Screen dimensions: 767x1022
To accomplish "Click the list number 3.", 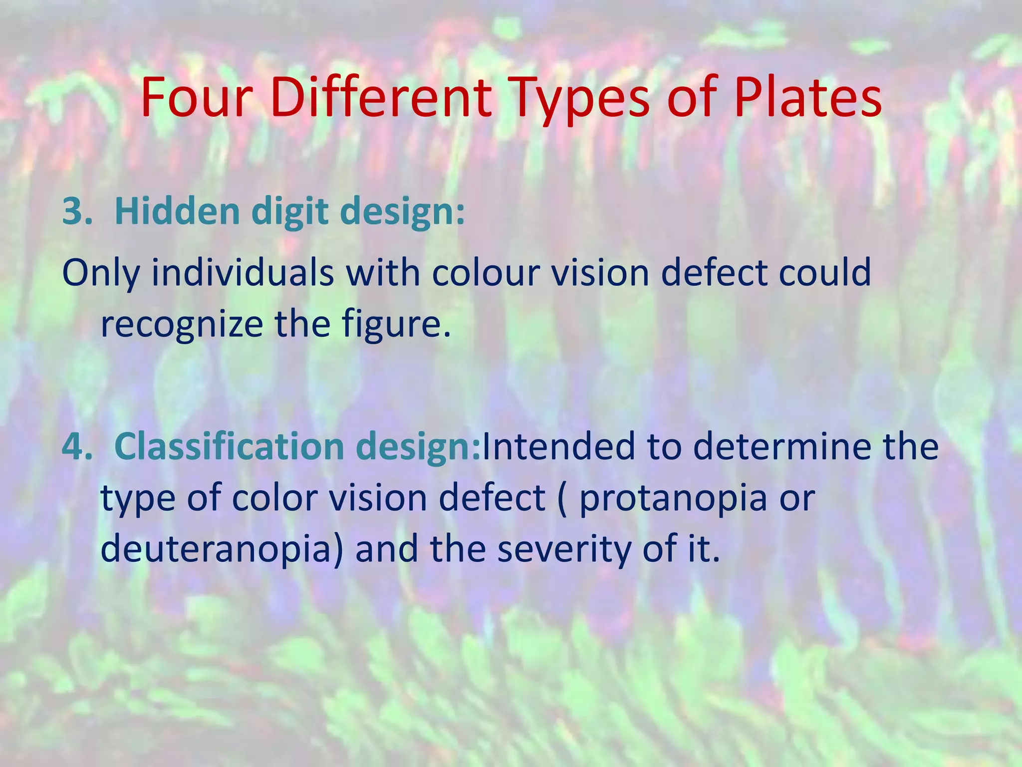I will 74,212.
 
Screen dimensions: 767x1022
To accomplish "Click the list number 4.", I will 75,446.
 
